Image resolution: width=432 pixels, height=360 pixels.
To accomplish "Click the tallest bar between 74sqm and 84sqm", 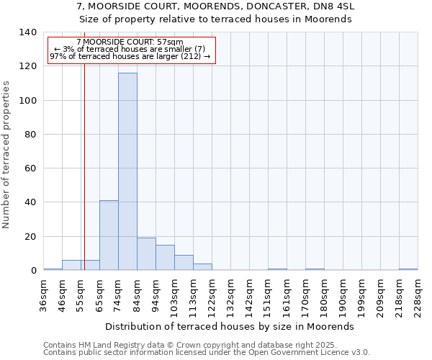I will pyautogui.click(x=127, y=172).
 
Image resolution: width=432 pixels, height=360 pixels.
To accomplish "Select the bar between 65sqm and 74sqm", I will pyautogui.click(x=109, y=235).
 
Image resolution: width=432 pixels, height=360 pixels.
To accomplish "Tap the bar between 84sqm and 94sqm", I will pyautogui.click(x=146, y=254).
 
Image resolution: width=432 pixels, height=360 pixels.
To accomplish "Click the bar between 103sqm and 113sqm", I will pyautogui.click(x=184, y=263).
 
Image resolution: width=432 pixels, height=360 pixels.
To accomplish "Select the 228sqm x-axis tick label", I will pyautogui.click(x=418, y=294).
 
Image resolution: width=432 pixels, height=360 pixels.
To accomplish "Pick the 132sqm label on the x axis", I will pyautogui.click(x=231, y=294).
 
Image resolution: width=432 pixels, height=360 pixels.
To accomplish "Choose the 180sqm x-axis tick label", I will pyautogui.click(x=324, y=294).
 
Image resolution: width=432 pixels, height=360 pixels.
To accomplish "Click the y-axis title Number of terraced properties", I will pyautogui.click(x=6, y=154).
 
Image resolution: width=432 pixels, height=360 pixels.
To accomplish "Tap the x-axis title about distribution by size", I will pyautogui.click(x=235, y=326).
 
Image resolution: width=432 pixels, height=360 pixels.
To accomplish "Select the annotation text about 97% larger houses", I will pyautogui.click(x=130, y=56).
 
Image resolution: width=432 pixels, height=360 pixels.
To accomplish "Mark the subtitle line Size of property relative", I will pyautogui.click(x=215, y=19).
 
